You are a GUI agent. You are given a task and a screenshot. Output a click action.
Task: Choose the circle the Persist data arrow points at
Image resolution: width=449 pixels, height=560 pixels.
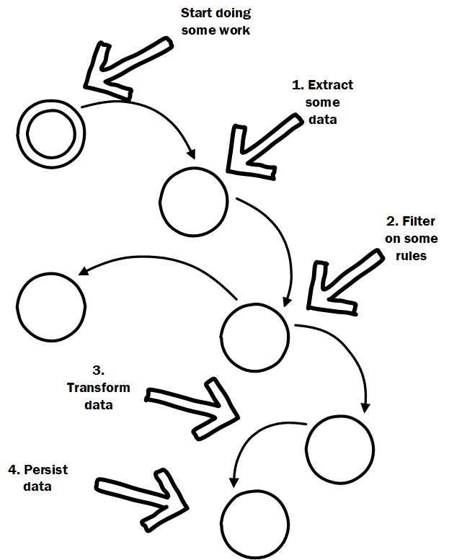(224, 525)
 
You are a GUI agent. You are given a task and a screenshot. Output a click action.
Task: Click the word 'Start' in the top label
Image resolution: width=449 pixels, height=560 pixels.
(195, 13)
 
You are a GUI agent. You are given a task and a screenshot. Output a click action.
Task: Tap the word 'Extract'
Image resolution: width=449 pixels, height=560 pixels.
(330, 85)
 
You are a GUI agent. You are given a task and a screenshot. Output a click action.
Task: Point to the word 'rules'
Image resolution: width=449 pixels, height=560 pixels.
(411, 256)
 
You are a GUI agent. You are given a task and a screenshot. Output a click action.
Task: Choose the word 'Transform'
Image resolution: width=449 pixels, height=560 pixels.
(98, 388)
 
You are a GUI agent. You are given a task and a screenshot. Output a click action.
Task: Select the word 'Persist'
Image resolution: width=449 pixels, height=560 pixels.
(45, 470)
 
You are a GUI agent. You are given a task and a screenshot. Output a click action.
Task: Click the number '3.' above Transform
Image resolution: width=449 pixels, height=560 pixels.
(98, 370)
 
